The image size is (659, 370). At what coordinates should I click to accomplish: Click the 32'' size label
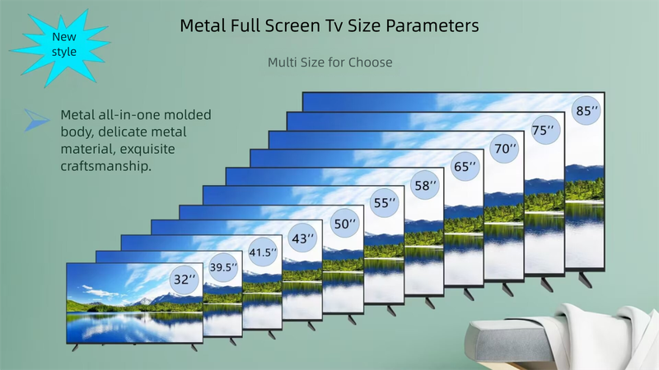(x=185, y=279)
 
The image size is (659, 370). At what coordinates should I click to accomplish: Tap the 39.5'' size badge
(x=223, y=266)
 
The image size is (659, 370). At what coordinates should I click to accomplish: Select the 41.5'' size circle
(x=263, y=252)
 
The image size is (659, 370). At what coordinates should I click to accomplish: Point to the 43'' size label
(x=302, y=238)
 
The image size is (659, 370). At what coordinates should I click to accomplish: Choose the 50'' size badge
(x=344, y=224)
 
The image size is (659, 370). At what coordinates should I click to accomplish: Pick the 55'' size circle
(x=385, y=202)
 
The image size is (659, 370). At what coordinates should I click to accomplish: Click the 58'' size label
(x=425, y=185)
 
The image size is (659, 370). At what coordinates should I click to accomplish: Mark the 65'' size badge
(x=465, y=166)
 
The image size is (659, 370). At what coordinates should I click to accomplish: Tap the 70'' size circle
(x=504, y=149)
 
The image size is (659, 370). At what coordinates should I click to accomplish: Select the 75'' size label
(x=545, y=130)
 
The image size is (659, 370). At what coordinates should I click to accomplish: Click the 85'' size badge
(x=587, y=110)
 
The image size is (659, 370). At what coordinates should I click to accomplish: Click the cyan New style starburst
(x=61, y=46)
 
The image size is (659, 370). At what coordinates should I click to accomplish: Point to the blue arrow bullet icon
(x=36, y=120)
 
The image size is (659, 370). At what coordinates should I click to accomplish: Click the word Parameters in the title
(x=432, y=26)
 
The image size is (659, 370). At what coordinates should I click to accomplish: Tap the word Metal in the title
(x=203, y=25)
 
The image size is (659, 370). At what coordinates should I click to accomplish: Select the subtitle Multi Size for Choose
(x=330, y=62)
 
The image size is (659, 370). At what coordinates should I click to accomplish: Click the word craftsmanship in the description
(x=105, y=166)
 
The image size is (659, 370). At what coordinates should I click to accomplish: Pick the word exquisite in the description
(x=147, y=149)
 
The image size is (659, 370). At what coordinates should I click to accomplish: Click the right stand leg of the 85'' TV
(x=585, y=280)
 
